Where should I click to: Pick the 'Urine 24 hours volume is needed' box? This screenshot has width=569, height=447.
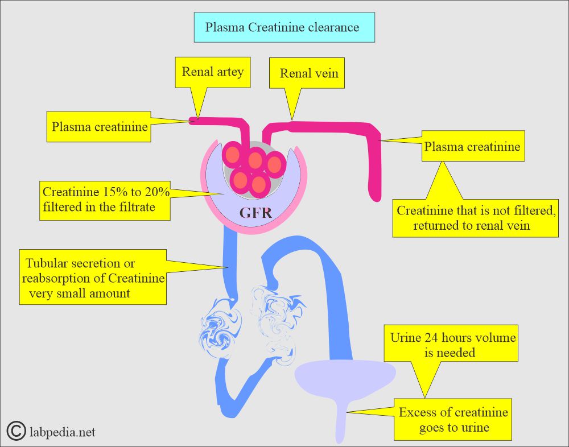[x=452, y=345]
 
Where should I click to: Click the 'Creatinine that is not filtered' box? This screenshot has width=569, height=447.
[x=475, y=218]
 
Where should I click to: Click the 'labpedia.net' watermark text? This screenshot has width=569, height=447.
[x=61, y=432]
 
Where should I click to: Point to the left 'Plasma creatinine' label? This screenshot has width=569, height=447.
[x=99, y=126]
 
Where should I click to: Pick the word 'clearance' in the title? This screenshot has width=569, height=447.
[x=335, y=27]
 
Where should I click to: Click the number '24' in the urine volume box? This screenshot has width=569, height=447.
[x=428, y=337]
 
